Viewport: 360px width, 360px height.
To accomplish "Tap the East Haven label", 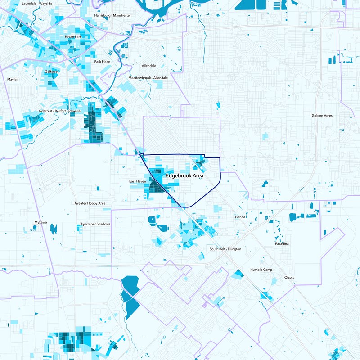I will point(138,181).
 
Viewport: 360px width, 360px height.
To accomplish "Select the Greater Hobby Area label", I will point(90,203).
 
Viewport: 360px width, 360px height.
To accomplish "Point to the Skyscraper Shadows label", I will point(94,224).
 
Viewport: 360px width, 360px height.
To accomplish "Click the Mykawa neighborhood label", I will point(40,222).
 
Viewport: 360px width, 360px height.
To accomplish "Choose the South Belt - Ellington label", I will point(225,249).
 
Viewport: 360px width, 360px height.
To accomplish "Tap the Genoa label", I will point(240,217).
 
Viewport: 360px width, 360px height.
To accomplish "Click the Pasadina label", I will point(282,243).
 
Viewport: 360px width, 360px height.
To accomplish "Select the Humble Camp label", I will point(261,270).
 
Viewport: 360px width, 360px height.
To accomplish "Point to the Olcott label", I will point(289,277).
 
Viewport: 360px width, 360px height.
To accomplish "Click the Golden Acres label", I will point(322,116).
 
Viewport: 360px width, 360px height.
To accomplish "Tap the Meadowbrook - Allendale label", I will point(148,78).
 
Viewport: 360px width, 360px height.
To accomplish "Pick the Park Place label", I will point(102,62).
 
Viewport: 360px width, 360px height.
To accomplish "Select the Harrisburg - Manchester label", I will point(112,15).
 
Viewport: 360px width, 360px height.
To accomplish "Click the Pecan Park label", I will point(73,36).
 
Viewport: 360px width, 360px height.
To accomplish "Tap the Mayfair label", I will point(13,79).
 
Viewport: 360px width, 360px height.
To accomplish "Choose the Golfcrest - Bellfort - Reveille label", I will point(60,111).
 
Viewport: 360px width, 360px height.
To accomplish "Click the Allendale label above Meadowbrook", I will point(149,66).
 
